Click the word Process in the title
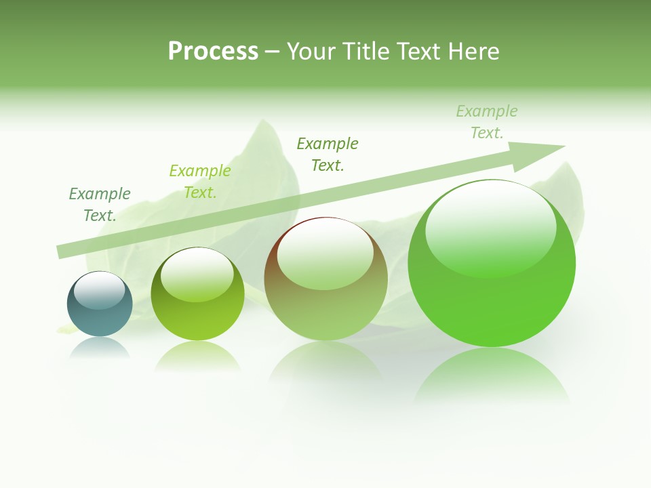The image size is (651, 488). tap(213, 52)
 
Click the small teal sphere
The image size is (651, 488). tap(100, 304)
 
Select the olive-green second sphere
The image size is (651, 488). tap(197, 294)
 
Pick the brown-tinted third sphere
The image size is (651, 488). tap(325, 279)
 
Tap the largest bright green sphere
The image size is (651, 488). tap(492, 264)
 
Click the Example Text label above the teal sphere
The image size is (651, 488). tap(100, 204)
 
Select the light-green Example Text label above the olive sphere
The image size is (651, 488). tap(200, 182)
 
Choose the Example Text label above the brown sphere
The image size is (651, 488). tap(328, 154)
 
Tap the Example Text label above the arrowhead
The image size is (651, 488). tap(486, 121)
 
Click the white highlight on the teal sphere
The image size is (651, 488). tap(100, 290)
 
